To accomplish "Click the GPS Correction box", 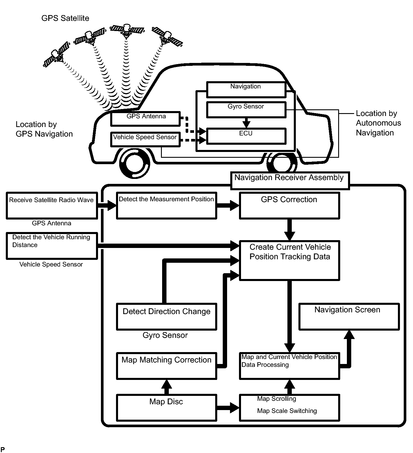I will pos(289,206).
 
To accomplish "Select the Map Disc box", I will pos(166,407).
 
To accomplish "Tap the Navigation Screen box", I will pos(349,316).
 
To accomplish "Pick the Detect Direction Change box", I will pos(166,316).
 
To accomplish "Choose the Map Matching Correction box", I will pos(166,366).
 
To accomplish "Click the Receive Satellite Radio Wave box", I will pos(52,205).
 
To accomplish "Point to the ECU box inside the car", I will pos(246,136).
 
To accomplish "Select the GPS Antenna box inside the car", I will pos(146,119).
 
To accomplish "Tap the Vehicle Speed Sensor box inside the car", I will pos(145,139).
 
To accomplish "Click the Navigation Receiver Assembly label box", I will pos(290,180).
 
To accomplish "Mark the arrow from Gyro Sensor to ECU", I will pos(246,122).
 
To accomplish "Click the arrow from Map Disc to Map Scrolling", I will pos(228,407).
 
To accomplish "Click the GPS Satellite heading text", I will pos(65,18).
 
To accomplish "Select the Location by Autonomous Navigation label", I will pos(378,123).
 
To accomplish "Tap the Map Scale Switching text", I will pos(287,411).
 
